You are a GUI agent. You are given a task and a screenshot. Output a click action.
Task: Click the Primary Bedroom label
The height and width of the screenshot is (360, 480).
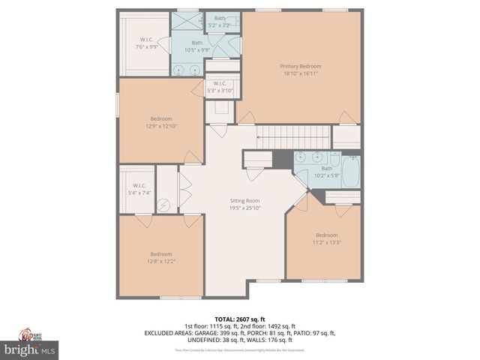coord(301,66)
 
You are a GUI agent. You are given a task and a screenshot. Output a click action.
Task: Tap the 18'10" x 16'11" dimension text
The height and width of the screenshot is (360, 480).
coord(301,73)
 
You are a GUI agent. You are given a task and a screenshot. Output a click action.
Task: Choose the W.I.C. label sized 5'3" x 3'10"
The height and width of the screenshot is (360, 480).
coord(220,83)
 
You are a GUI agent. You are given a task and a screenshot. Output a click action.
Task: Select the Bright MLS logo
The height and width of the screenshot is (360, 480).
coord(29,349)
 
